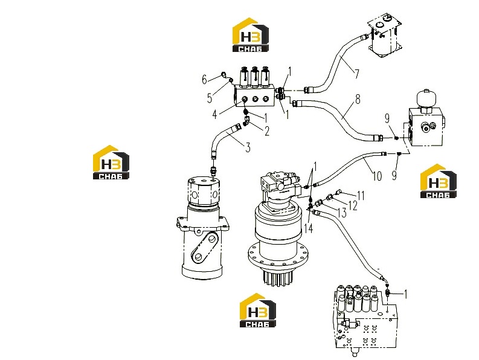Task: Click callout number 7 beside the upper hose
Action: pos(356,74)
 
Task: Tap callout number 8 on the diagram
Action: pos(358,99)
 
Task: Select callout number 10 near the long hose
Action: pos(377,176)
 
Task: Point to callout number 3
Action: pos(248,147)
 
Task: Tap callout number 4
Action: pos(214,114)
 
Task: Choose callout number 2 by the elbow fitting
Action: pos(267,131)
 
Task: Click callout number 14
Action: pos(309,228)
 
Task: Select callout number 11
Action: pos(361,196)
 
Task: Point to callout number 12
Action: pos(353,205)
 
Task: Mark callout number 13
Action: pos(342,213)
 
